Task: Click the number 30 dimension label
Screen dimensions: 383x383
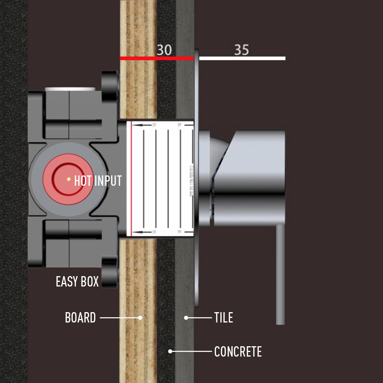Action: pyautogui.click(x=164, y=50)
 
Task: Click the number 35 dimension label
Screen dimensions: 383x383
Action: pyautogui.click(x=242, y=50)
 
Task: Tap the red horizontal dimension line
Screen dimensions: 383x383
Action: pyautogui.click(x=157, y=58)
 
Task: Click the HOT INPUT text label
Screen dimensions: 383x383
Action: pyautogui.click(x=98, y=181)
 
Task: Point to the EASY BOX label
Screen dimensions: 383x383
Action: pyautogui.click(x=77, y=282)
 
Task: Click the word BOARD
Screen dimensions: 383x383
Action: pyautogui.click(x=80, y=318)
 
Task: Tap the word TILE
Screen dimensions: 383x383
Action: pyautogui.click(x=224, y=318)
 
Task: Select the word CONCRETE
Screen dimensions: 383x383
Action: pyautogui.click(x=238, y=352)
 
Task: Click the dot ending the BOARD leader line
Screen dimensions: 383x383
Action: pyautogui.click(x=140, y=318)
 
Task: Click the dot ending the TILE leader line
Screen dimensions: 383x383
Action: pyautogui.click(x=186, y=318)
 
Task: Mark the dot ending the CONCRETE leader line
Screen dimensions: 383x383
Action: pyautogui.click(x=170, y=351)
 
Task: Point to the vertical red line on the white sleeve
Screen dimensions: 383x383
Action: pyautogui.click(x=131, y=178)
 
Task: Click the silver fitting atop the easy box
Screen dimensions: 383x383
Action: pyautogui.click(x=70, y=89)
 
